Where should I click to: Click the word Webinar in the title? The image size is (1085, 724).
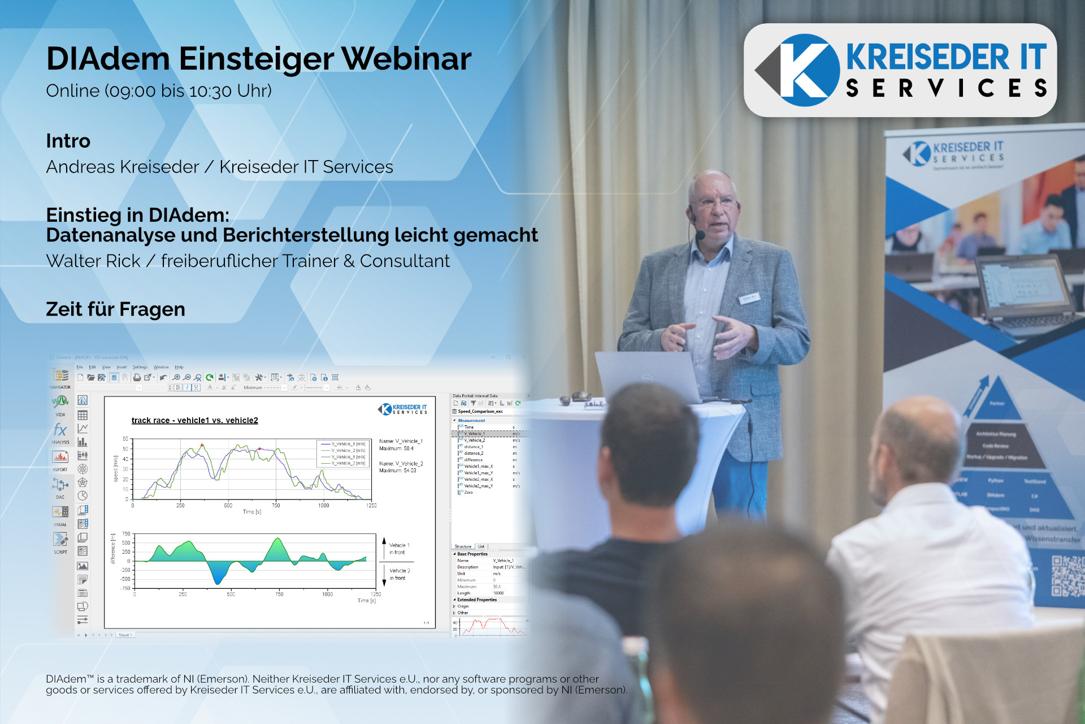coord(406,59)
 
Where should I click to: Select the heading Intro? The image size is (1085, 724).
coord(68,141)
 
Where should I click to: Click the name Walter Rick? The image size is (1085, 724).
coord(93,261)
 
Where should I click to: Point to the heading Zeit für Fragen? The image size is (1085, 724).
coord(115,309)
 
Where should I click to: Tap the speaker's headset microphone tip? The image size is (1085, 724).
coord(700,235)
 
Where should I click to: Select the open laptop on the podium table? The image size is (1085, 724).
coord(650,376)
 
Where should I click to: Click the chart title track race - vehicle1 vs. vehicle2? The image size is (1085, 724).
coord(194,420)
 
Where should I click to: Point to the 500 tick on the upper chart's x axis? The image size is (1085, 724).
coord(228,506)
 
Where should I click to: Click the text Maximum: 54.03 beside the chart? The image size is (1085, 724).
coord(398,471)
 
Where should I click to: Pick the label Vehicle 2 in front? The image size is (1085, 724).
coord(400,574)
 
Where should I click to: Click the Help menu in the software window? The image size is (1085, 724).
coord(179,367)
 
